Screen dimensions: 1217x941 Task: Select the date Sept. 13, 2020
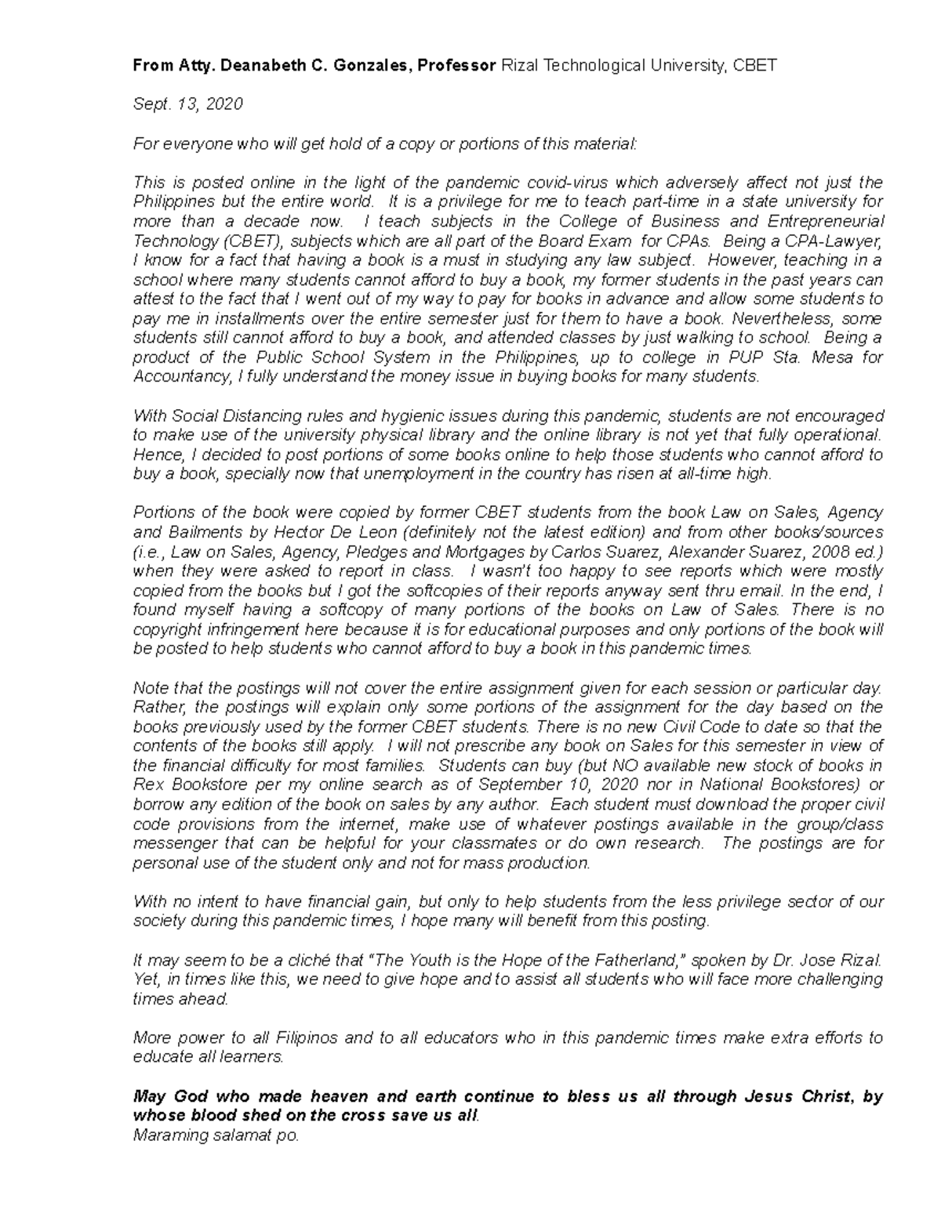pos(188,104)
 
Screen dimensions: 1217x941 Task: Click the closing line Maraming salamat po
pos(216,1135)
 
